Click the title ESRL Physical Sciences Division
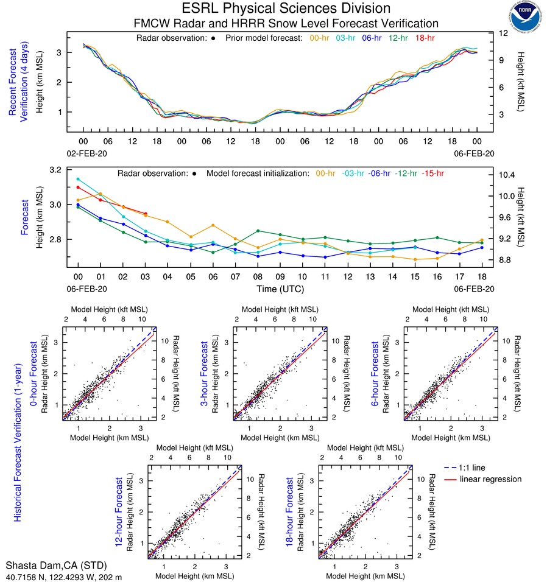tap(286, 9)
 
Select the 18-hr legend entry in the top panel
tap(424, 38)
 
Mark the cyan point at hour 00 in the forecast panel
tap(78, 179)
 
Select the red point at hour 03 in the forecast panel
tap(145, 214)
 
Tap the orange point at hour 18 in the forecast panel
tap(482, 240)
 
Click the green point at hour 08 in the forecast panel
tap(258, 231)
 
